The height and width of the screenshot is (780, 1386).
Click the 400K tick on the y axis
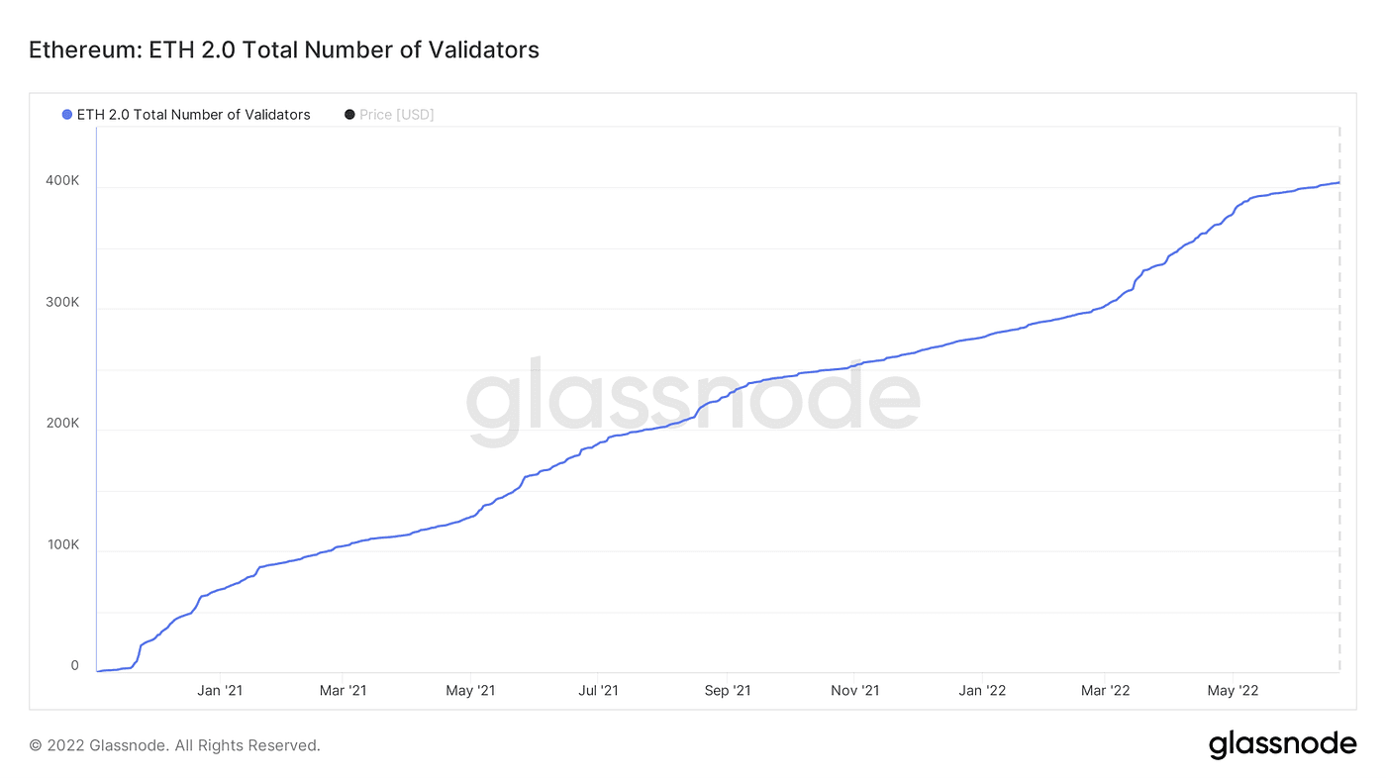pyautogui.click(x=62, y=180)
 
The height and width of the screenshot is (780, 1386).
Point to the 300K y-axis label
pyautogui.click(x=62, y=302)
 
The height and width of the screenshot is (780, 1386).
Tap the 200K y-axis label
pyautogui.click(x=62, y=423)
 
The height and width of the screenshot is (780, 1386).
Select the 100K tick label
pyautogui.click(x=63, y=544)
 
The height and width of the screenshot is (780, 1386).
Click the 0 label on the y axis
pyautogui.click(x=75, y=665)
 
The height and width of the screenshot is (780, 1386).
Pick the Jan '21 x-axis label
pyautogui.click(x=220, y=690)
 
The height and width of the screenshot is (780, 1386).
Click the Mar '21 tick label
pyautogui.click(x=343, y=690)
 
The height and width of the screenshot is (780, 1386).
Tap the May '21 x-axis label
pyautogui.click(x=470, y=690)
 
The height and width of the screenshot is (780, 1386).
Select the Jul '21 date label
pyautogui.click(x=598, y=690)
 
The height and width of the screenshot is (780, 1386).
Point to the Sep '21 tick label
pyautogui.click(x=728, y=690)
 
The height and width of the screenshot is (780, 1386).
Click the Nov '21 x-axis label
pyautogui.click(x=855, y=690)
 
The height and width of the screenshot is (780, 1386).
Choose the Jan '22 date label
pyautogui.click(x=982, y=690)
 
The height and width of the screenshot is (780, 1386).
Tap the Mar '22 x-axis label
pyautogui.click(x=1105, y=690)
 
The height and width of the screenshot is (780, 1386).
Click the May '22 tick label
pyautogui.click(x=1233, y=690)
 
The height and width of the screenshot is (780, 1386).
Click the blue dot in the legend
pyautogui.click(x=67, y=115)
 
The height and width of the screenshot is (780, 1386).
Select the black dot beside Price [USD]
pyautogui.click(x=349, y=115)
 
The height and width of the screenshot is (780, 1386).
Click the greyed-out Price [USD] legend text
pyautogui.click(x=397, y=115)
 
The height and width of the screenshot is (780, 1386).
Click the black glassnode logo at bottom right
pyautogui.click(x=1283, y=744)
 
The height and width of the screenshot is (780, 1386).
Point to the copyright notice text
pyautogui.click(x=174, y=745)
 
